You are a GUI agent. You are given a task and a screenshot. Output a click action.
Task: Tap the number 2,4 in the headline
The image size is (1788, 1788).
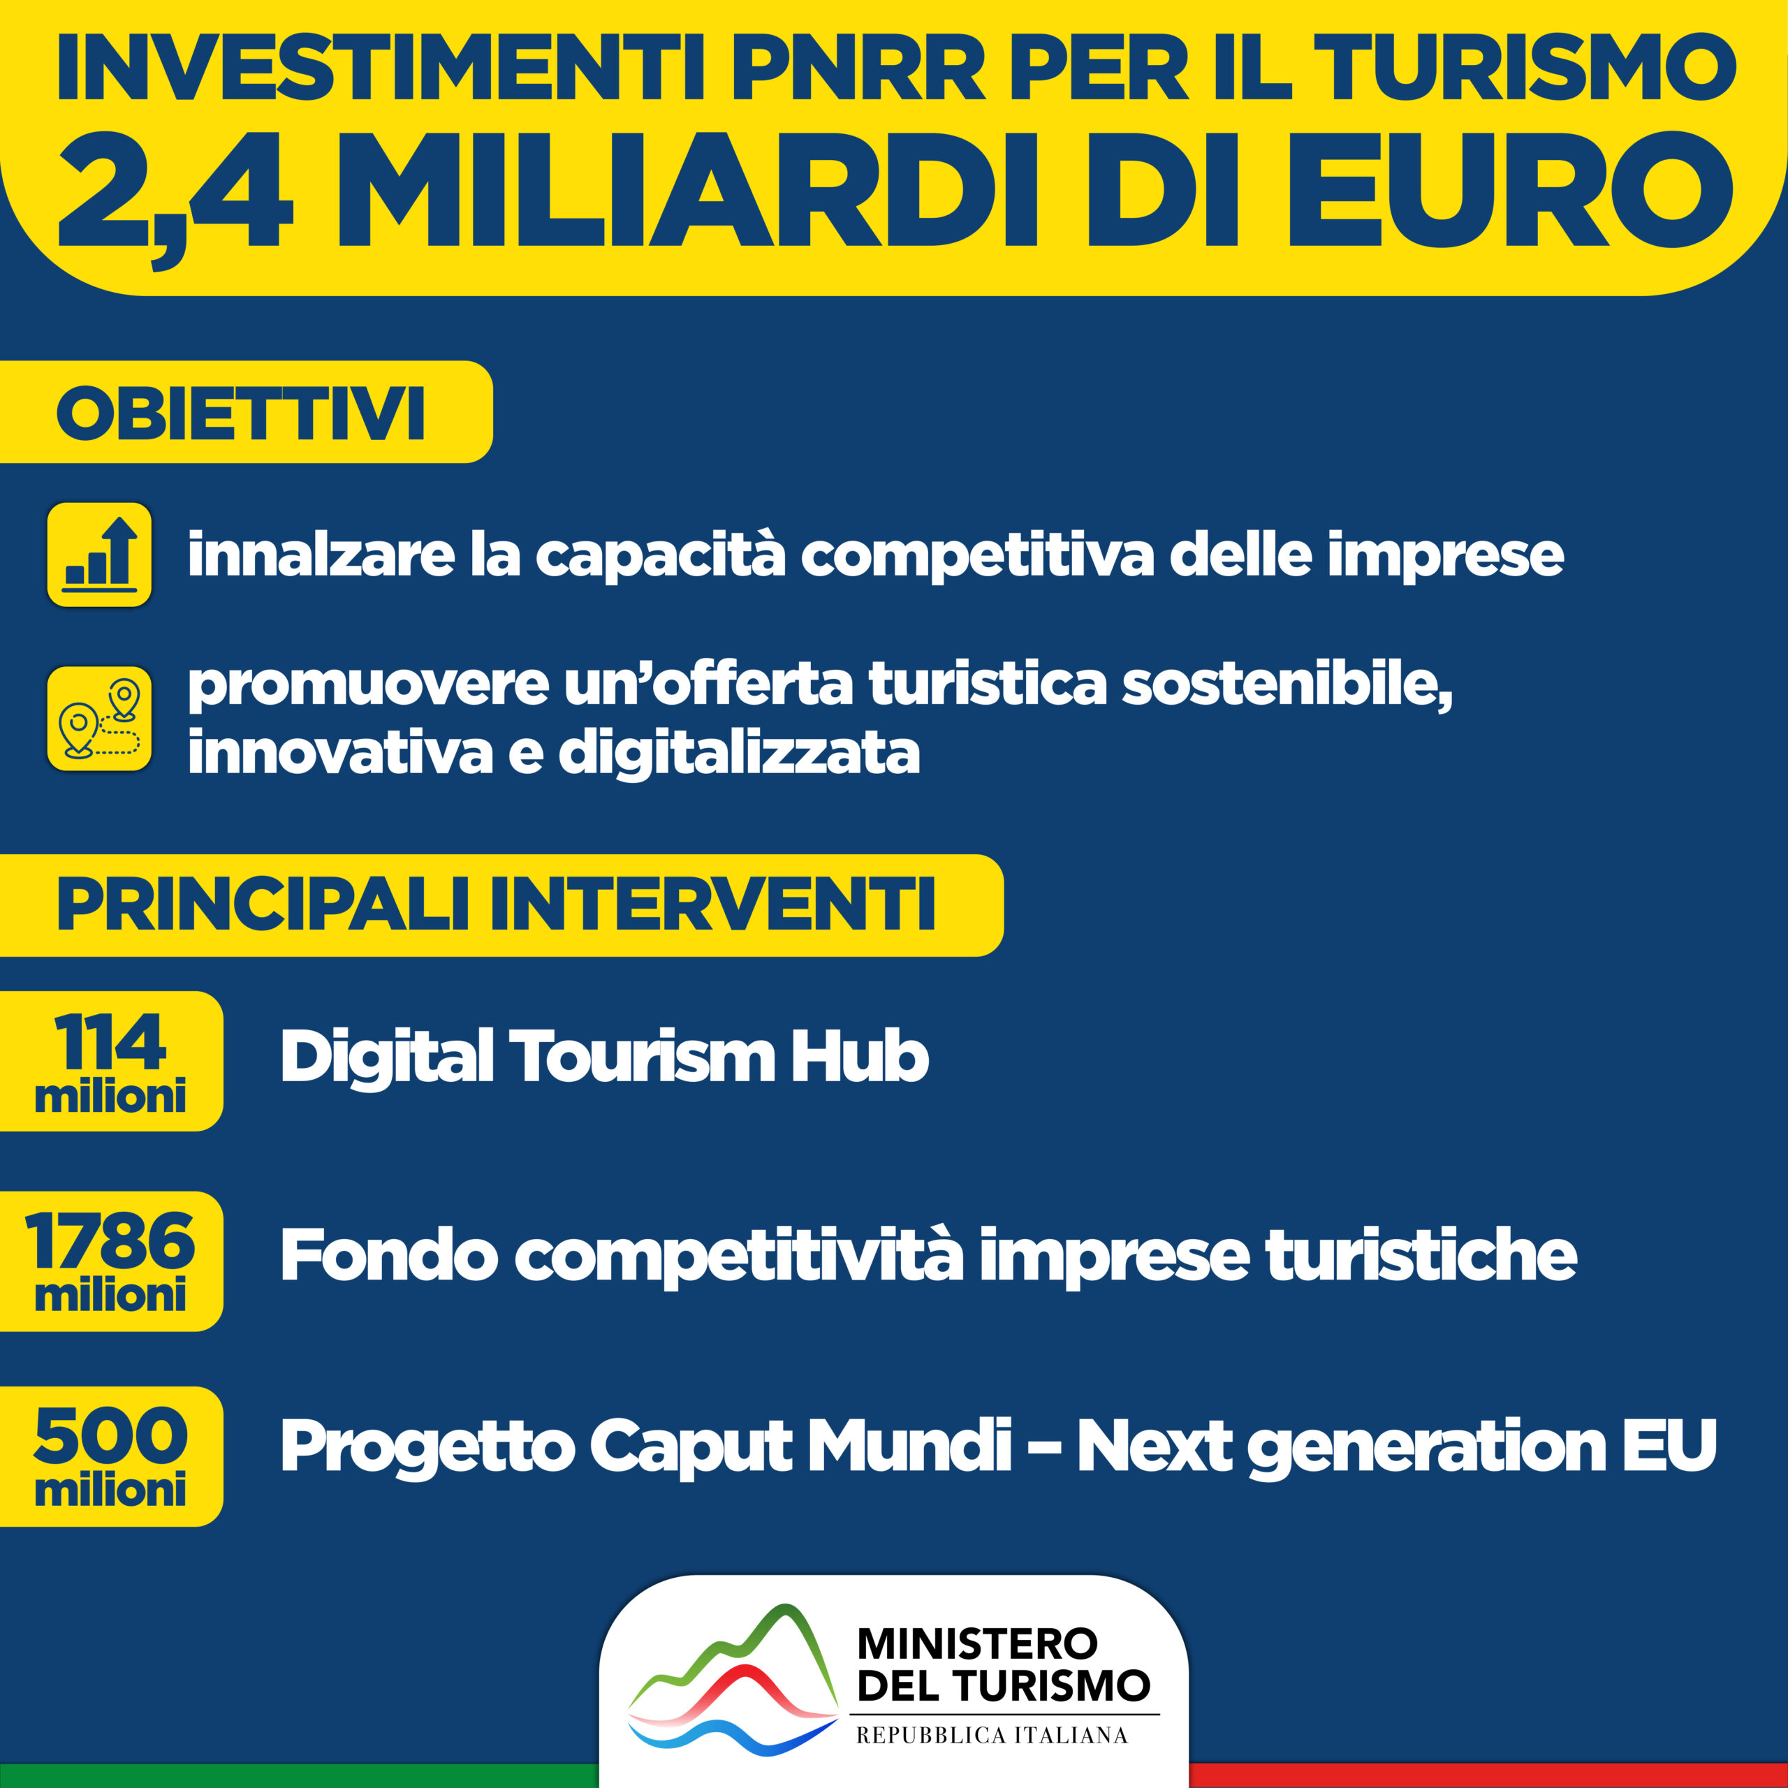[173, 200]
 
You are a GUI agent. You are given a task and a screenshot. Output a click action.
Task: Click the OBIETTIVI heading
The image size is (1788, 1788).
[241, 413]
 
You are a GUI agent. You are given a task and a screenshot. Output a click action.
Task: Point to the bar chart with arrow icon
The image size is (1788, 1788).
[99, 555]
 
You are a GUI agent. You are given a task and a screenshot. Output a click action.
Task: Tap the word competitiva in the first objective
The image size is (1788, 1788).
[977, 555]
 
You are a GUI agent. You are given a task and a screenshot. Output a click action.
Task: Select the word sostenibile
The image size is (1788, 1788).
[1287, 686]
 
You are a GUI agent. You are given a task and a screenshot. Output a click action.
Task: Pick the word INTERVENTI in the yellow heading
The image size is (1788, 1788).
[712, 904]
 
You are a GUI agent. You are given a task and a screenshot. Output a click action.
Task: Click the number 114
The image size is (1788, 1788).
[110, 1043]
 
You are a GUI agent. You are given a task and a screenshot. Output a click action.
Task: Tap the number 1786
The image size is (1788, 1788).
[110, 1242]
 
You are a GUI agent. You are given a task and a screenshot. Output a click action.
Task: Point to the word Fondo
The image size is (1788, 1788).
[389, 1255]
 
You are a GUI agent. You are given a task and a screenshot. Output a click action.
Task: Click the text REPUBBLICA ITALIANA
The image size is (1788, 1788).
[992, 1735]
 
